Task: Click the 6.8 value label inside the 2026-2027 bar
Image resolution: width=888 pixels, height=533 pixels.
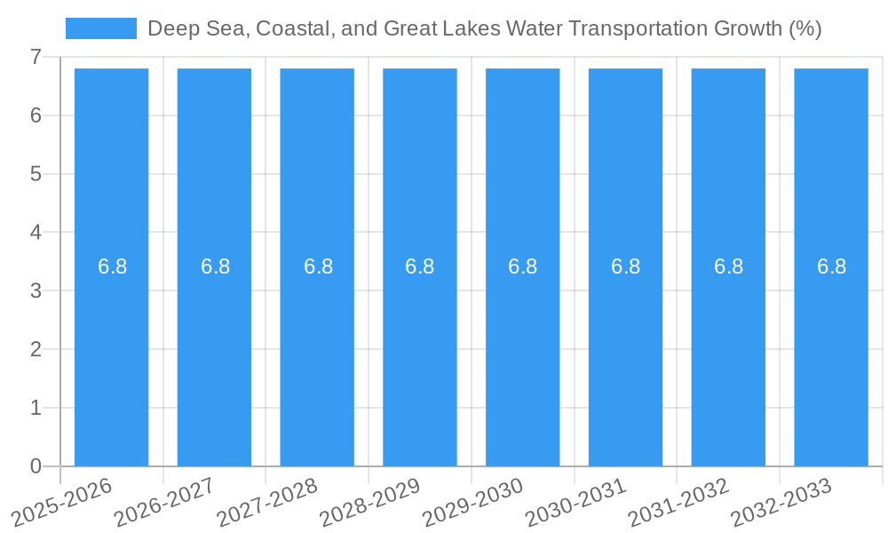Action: (x=215, y=266)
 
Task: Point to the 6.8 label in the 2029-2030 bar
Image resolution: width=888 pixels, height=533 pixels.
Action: (x=522, y=266)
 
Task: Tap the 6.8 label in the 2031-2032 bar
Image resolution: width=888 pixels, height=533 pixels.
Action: (x=728, y=266)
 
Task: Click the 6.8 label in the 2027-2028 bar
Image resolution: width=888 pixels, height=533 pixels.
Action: (x=318, y=266)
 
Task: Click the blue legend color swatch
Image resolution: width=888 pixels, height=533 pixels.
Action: (x=101, y=28)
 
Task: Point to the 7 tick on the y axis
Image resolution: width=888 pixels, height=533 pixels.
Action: (x=36, y=57)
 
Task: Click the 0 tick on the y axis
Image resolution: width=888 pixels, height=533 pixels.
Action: (x=36, y=466)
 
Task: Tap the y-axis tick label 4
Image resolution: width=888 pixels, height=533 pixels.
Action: (x=36, y=233)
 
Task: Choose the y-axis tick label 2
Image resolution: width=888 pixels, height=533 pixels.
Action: (x=36, y=349)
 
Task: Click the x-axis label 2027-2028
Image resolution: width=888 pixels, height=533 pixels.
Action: (x=268, y=501)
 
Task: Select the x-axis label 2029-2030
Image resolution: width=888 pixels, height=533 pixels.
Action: (x=474, y=501)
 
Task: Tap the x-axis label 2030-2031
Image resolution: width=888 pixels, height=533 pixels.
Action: (x=577, y=501)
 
